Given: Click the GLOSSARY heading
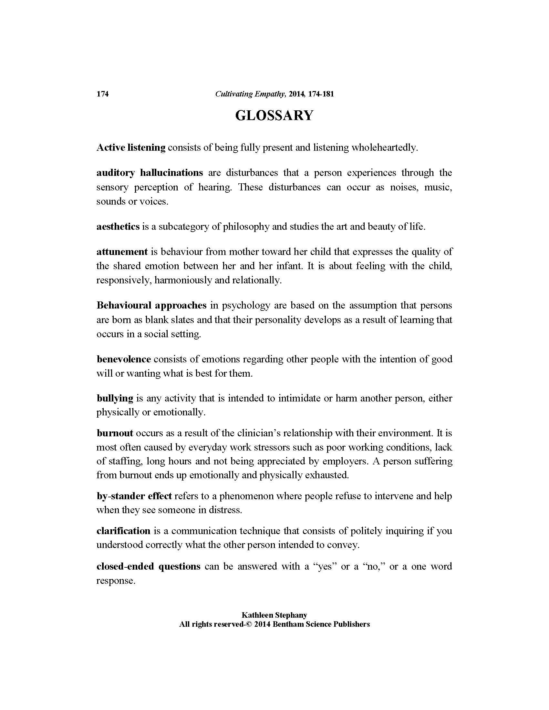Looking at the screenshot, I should click(274, 116).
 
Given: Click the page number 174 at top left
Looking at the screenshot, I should click(102, 94).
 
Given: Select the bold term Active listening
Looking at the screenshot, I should click(131, 147).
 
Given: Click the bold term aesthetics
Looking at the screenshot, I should click(118, 226).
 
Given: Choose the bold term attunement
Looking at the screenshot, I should click(122, 252).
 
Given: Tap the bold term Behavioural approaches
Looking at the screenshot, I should click(151, 305).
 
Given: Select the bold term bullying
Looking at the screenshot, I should click(115, 398).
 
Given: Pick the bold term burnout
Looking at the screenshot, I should click(115, 433).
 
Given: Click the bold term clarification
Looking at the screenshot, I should click(123, 531).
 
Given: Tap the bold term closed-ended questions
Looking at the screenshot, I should click(148, 566).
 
